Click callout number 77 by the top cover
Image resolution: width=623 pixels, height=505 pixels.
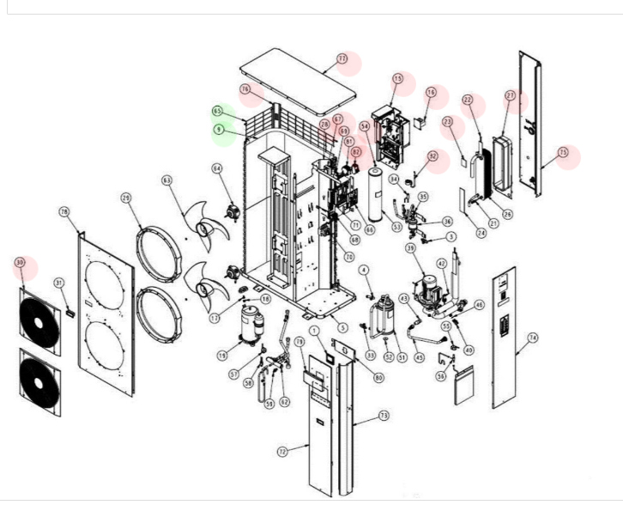pos(342,58)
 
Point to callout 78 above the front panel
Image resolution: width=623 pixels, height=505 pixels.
pos(64,211)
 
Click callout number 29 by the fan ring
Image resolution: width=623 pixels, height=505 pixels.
pos(126,198)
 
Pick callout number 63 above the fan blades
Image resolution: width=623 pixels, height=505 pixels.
pos(166,179)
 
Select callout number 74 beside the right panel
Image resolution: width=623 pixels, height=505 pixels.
pos(532,338)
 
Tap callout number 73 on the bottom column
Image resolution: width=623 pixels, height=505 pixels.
pos(384,416)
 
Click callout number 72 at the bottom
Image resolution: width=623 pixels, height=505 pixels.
pos(281,450)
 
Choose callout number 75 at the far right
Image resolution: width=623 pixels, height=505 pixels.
pos(563,153)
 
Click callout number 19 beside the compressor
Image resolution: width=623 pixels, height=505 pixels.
pos(221,354)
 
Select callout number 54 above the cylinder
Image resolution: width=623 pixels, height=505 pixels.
pos(366,126)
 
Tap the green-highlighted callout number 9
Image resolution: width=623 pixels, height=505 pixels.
pos(220,130)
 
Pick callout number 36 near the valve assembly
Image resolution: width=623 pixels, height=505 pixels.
pos(447,222)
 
